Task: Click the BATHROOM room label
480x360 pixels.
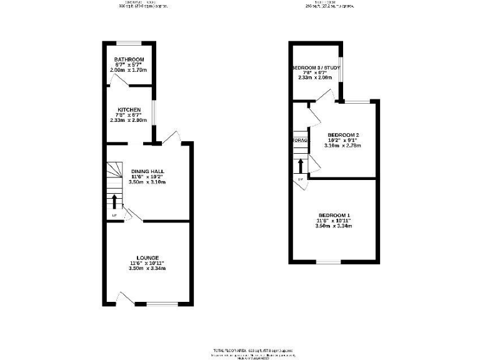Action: pos(129,59)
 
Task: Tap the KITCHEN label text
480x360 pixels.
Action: pos(129,110)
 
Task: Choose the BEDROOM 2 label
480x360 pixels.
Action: pos(343,135)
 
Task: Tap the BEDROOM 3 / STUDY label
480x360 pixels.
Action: pos(314,68)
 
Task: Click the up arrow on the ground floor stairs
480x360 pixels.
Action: pos(114,202)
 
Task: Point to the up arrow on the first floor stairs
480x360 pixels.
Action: pos(301,166)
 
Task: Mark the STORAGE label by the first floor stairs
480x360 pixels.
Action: pos(301,141)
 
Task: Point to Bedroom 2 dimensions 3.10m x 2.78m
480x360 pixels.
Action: pos(343,146)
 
